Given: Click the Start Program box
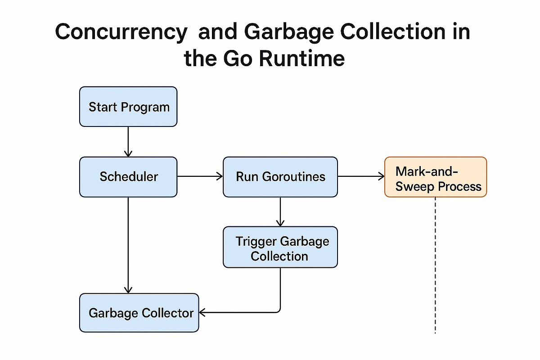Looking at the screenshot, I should (128, 107).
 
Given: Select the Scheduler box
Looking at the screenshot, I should (128, 176).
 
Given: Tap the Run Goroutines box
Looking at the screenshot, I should (280, 176).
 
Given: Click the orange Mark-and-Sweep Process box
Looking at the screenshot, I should (435, 176).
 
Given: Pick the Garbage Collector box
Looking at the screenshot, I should (139, 313).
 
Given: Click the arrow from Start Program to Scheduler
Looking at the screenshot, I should (128, 141).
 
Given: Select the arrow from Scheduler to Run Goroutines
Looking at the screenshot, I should (200, 176).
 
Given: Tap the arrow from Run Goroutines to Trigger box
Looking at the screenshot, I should (280, 211).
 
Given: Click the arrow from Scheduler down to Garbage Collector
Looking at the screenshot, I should (128, 245).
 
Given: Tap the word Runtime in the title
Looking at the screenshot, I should (302, 59).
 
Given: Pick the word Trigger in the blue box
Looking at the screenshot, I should (256, 241).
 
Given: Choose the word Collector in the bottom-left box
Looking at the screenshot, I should (168, 313).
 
